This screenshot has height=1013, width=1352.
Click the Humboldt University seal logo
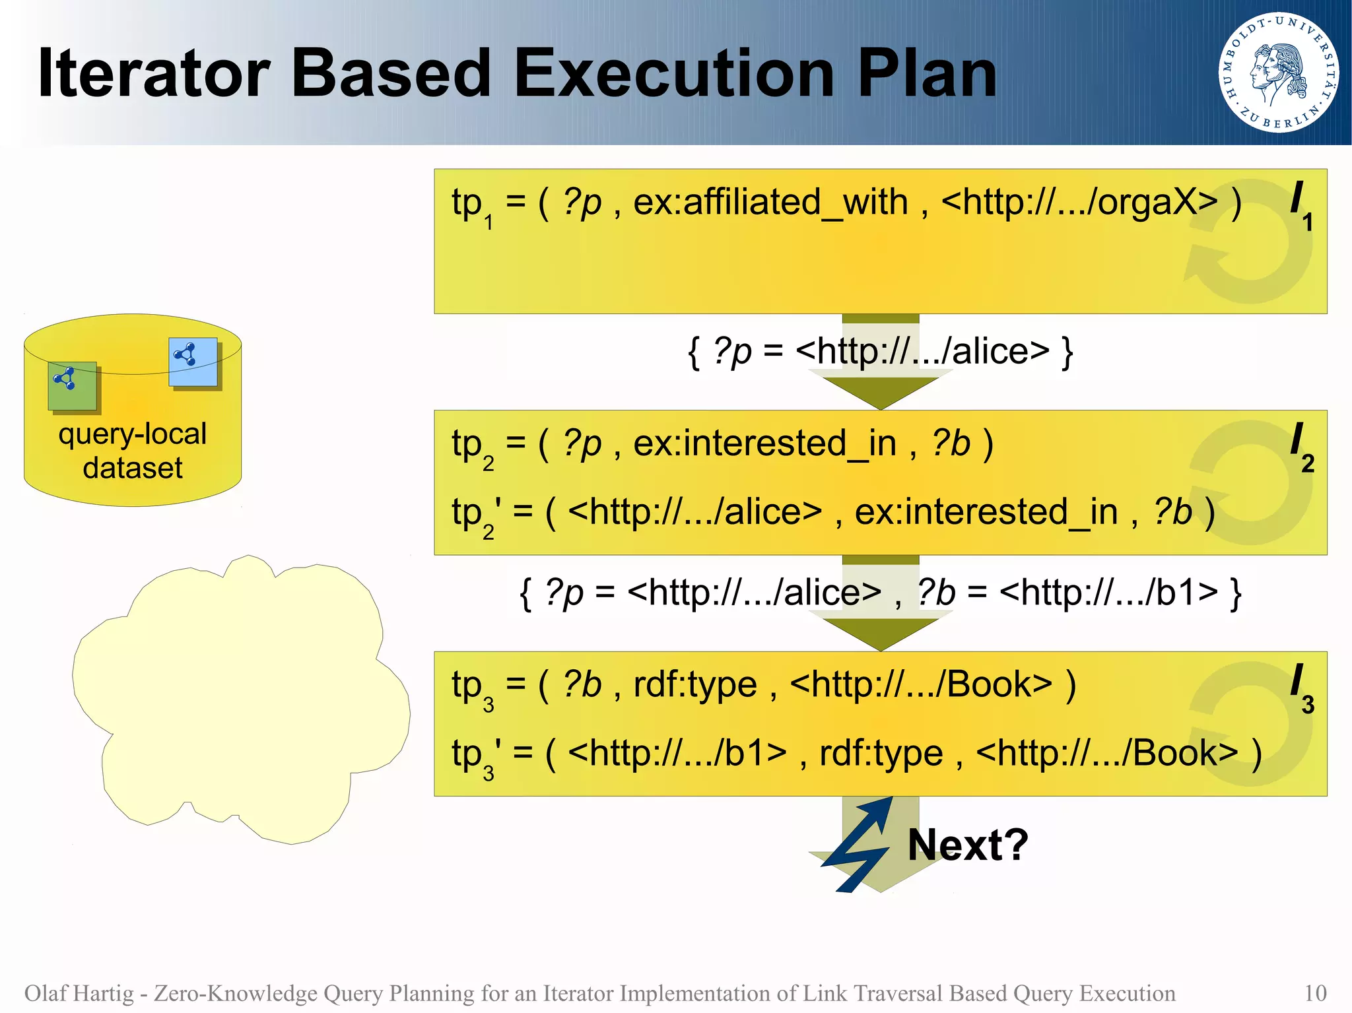point(1278,72)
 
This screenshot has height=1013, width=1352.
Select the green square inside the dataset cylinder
point(72,385)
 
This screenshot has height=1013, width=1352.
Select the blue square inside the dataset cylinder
point(193,362)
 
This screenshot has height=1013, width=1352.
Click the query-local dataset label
point(133,451)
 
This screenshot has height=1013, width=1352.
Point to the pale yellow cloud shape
point(242,700)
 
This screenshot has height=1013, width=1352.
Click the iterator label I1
point(1301,205)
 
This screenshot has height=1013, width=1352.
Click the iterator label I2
point(1301,447)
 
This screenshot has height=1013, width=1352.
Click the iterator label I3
point(1301,688)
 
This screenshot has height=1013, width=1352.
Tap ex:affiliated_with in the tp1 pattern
point(770,202)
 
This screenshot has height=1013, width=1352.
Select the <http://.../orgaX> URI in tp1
point(1079,202)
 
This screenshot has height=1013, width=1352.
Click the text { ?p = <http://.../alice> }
point(880,351)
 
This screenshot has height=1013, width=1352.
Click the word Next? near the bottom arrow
point(967,845)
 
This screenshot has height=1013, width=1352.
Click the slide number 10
point(1314,993)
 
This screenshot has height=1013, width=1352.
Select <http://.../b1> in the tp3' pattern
point(677,753)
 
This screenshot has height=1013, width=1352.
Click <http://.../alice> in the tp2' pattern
point(694,512)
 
